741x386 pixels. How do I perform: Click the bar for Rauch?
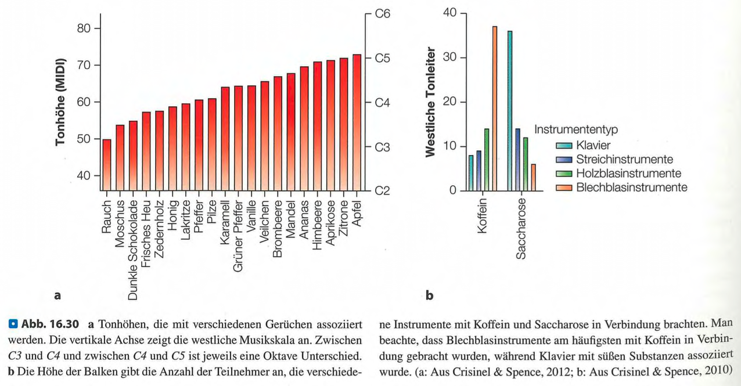coord(107,165)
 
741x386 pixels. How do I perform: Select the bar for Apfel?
coord(357,122)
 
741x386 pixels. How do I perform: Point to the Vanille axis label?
coord(252,216)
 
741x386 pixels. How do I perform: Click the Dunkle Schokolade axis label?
coord(134,247)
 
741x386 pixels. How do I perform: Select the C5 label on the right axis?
coord(382,58)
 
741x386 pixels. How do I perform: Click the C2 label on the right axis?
coord(382,191)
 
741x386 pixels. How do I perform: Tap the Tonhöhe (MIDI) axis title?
coord(60,102)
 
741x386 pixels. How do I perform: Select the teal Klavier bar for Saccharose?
coord(510,111)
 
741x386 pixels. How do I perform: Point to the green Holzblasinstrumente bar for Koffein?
coord(487,160)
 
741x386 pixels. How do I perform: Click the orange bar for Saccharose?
coord(534,177)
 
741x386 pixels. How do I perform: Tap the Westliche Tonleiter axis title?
coord(430,102)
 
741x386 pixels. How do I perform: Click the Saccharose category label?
coord(521,228)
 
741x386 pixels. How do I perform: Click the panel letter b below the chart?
coord(429,295)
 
